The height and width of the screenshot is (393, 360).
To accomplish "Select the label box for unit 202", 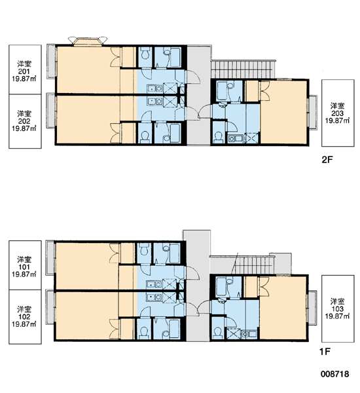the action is coord(25,121).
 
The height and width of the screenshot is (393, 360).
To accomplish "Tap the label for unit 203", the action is coord(338,113).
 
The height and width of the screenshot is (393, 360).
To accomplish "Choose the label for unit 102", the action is coord(25,317).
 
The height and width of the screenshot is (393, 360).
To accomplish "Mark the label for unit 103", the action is coord(338,309).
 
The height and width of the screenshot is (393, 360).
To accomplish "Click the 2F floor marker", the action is coord(327,160).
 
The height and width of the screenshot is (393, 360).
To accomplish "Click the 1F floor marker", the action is coord(325,352).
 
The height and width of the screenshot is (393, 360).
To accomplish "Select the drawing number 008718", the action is coord(334,374).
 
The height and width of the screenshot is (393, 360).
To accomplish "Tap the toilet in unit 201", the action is coord(145,54).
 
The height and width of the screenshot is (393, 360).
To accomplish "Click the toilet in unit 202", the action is coord(145,136).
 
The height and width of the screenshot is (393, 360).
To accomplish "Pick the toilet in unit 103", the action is coord(218,333).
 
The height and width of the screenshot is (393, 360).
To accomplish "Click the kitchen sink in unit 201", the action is coord(155,88).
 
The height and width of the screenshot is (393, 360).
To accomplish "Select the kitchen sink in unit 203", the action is coord(235,138).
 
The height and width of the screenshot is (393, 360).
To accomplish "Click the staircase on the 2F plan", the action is coord(243,69).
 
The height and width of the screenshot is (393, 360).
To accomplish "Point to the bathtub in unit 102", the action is coord(174,329).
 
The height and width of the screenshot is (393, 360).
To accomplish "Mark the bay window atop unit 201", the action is coord(88,41).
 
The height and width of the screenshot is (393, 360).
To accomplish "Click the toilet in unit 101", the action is coord(144,250).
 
